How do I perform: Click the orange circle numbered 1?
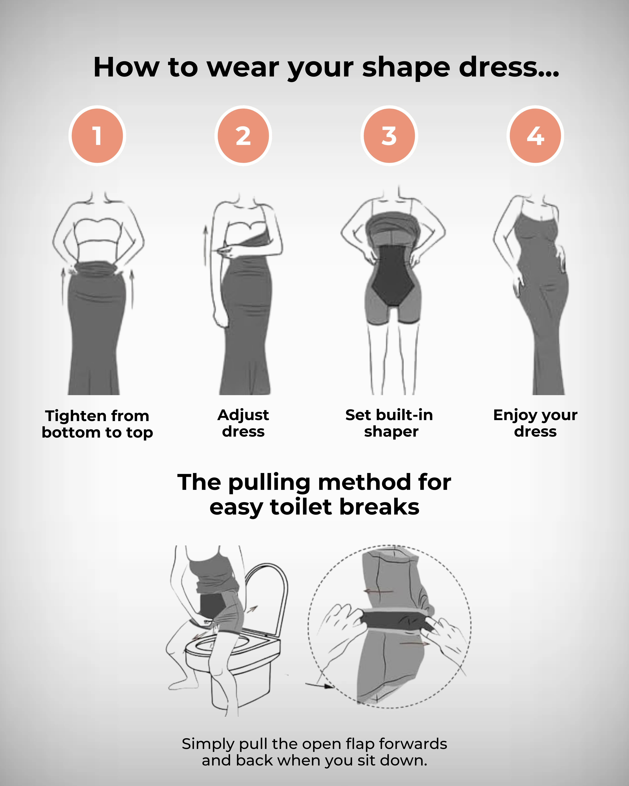pyautogui.click(x=97, y=136)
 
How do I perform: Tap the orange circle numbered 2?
pyautogui.click(x=243, y=136)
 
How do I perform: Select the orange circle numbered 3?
pyautogui.click(x=389, y=136)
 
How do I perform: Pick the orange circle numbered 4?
pyautogui.click(x=535, y=136)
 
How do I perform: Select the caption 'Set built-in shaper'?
pyautogui.click(x=389, y=423)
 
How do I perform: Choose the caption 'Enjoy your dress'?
pyautogui.click(x=535, y=423)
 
